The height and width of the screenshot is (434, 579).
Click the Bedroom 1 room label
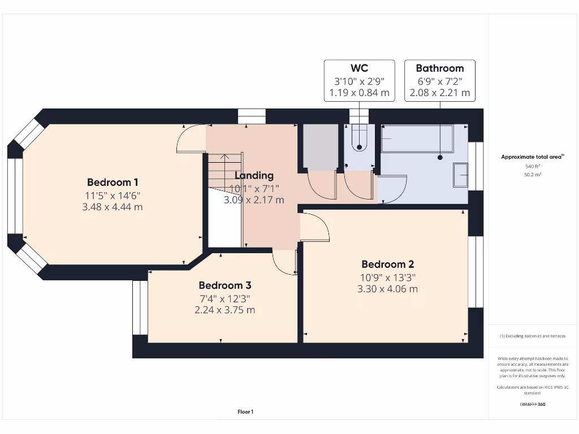coord(113,183)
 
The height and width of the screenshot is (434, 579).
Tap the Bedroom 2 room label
coord(387,264)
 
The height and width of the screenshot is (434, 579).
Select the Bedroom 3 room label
coord(224,286)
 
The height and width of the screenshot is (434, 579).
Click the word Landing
coord(254,176)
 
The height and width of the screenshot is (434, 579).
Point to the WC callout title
coord(359,68)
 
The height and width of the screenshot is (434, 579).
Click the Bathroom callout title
coord(439,68)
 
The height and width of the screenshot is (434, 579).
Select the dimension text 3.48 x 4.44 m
coord(113,207)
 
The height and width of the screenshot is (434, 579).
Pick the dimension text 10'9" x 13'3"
coord(387,277)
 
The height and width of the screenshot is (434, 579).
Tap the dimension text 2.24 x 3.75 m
coord(224,310)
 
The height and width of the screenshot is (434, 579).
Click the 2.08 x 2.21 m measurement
coord(439,93)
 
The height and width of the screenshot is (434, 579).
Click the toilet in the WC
coord(359,138)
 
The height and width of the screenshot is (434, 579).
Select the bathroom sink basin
coord(460,175)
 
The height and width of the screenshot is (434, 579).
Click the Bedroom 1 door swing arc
coord(188,138)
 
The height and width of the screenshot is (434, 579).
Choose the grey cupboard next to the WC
coord(321,146)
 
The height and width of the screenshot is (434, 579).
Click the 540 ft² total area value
coord(532,167)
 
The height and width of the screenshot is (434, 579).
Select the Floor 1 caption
coord(245,412)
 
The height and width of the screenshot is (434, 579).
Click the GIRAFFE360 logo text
coord(532,404)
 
